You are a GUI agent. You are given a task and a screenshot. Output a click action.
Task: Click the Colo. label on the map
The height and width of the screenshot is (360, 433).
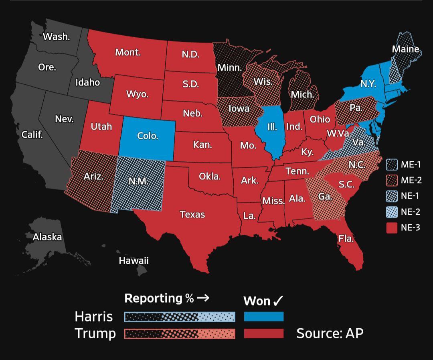coord(148,136)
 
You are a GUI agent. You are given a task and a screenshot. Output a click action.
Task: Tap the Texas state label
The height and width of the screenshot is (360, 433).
coord(192,214)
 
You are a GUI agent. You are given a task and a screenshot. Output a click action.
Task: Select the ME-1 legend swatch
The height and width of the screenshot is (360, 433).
coord(392,165)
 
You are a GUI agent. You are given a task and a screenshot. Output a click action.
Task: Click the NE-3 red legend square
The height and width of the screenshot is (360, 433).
coord(392,228)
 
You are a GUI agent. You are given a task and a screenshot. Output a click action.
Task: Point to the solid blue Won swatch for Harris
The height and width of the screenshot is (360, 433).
coord(263,317)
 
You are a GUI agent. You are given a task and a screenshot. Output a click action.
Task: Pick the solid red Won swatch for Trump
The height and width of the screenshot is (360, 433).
coord(263,334)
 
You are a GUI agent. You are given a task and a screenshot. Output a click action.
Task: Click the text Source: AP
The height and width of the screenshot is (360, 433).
coord(330,334)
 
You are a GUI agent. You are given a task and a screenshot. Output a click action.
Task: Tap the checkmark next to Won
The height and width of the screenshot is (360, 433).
coord(278,301)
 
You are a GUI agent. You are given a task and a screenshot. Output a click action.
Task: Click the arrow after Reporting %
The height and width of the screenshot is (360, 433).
coord(203,298)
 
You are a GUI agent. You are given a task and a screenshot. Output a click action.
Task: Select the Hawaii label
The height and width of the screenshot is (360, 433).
coord(134,260)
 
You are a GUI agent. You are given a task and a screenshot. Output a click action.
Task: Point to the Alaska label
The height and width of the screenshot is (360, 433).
coord(47,237)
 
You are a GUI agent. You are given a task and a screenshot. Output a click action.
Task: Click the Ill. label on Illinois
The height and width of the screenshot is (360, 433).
coord(272,127)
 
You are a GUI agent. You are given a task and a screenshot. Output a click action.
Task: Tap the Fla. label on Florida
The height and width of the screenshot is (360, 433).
coord(346,238)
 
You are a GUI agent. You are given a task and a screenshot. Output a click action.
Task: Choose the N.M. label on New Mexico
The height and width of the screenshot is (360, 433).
coord(138,181)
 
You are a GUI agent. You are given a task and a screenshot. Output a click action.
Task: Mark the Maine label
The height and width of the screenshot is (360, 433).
coord(405,49)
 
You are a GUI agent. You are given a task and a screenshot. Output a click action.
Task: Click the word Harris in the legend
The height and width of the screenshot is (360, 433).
coord(93,317)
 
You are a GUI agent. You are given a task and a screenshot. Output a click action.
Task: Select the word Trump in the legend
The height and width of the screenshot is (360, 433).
coord(95,334)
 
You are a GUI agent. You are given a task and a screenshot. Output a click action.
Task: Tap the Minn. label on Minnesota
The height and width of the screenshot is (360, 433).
coord(229,67)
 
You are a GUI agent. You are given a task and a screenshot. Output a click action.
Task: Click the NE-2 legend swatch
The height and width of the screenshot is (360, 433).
coord(392,212)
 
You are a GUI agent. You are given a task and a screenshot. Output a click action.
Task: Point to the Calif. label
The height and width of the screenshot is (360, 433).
coord(32,134)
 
